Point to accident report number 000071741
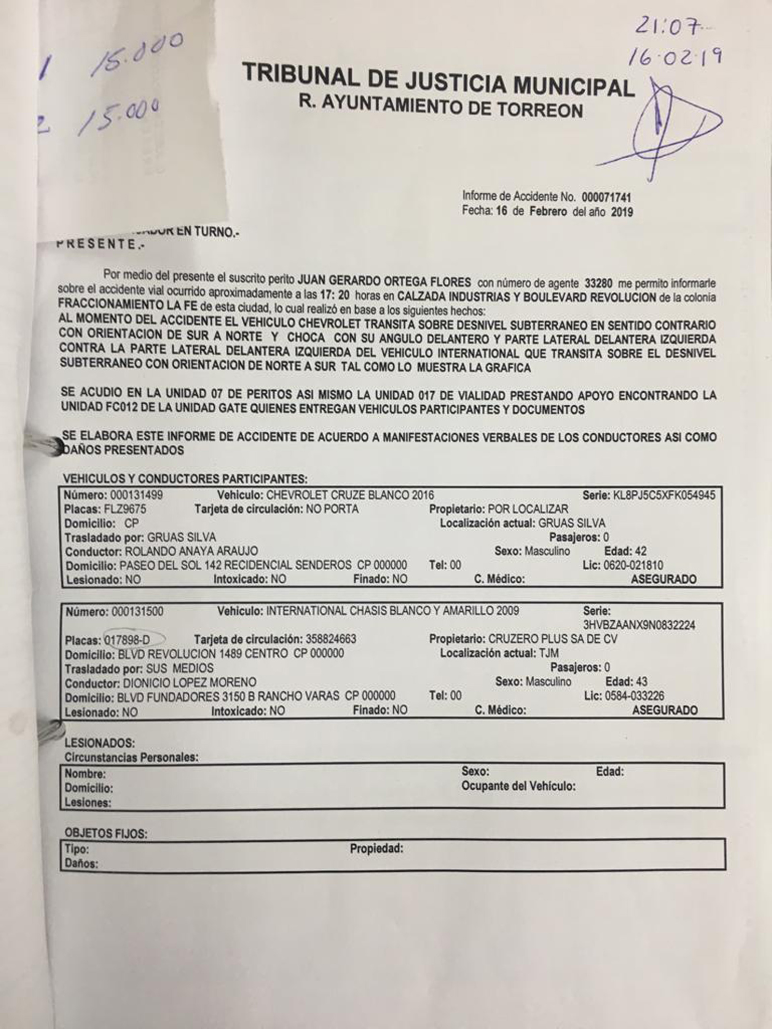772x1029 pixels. [x=607, y=197]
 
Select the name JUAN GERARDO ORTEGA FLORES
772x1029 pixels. [x=384, y=282]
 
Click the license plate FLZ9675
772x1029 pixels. [x=125, y=509]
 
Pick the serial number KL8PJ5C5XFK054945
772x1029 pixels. [x=663, y=495]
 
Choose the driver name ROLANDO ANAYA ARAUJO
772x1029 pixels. [x=191, y=551]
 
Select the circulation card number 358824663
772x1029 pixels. [x=331, y=639]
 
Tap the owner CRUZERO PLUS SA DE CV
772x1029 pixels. [x=552, y=639]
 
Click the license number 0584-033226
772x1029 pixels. [x=634, y=696]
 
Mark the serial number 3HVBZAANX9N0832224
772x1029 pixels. [x=639, y=625]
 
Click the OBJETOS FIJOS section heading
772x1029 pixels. [x=106, y=833]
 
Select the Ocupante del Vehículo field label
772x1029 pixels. [x=518, y=786]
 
